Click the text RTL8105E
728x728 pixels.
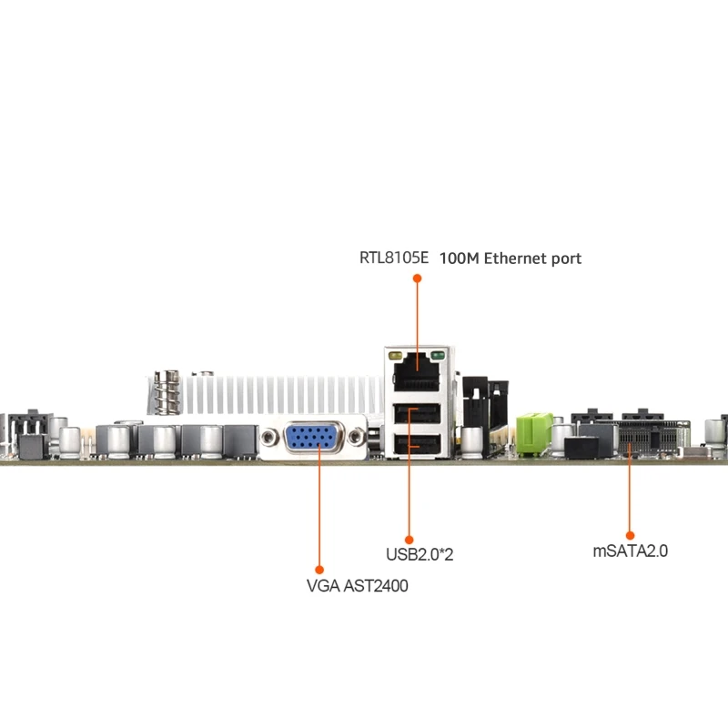point(393,258)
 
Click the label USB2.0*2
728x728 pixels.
point(420,553)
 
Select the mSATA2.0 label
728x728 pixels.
point(631,551)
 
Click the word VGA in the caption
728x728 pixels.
point(323,586)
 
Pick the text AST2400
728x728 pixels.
point(376,586)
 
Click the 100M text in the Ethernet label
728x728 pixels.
point(460,258)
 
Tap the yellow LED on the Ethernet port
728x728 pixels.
point(398,356)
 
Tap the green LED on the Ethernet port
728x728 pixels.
point(438,356)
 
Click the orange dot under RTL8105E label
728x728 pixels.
point(418,278)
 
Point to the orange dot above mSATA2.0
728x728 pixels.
point(630,536)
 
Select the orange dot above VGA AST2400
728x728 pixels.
point(319,571)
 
